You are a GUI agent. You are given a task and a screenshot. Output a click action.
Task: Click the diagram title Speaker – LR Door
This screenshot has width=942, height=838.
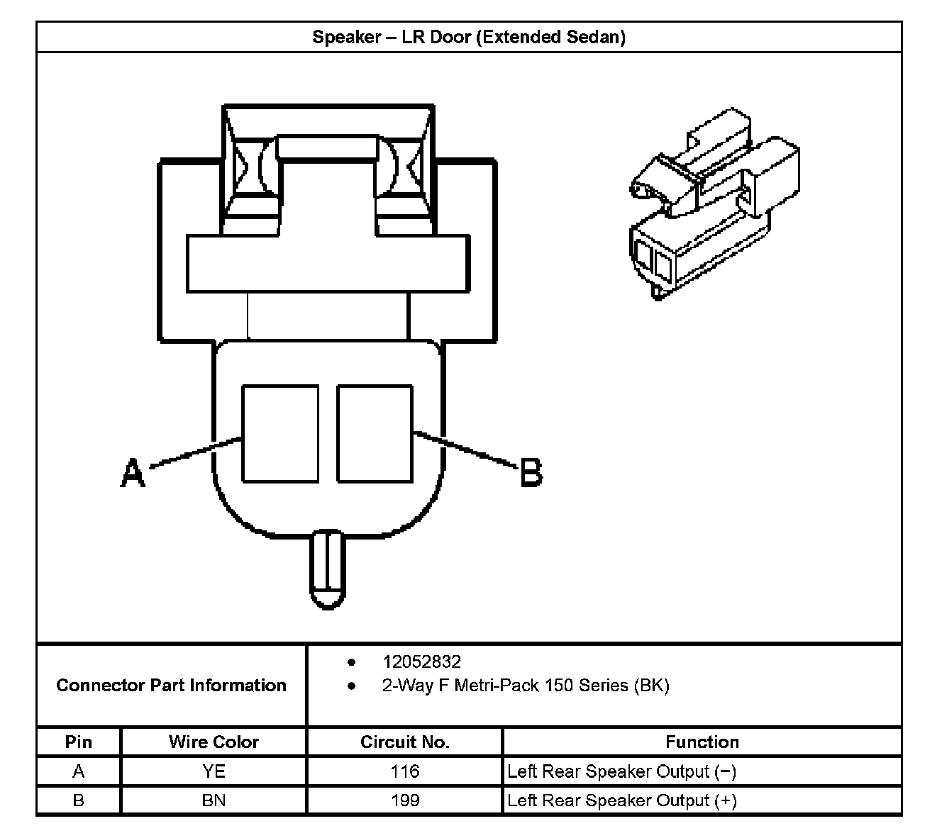(469, 37)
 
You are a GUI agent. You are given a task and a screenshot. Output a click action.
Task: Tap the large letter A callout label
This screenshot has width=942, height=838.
(133, 472)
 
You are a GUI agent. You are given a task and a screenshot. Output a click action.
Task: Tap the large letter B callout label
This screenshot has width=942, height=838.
(531, 472)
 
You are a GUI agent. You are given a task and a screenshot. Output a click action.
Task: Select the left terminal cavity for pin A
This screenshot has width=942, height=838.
(280, 433)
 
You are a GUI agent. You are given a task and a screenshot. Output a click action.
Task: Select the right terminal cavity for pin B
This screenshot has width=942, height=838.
(375, 433)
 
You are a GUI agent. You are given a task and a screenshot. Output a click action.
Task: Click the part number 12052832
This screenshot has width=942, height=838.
(421, 661)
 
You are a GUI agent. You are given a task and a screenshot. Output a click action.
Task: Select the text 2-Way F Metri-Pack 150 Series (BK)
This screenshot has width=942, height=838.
(525, 686)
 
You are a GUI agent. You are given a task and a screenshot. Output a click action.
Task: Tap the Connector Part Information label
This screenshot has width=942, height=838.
(171, 686)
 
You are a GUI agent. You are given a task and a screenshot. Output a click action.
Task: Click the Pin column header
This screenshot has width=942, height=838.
(79, 742)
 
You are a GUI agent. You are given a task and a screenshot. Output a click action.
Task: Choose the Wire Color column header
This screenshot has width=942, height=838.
(214, 742)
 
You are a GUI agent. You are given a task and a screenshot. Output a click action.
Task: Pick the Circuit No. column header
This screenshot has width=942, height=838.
(405, 742)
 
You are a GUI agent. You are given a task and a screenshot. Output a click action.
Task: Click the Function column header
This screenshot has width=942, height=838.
(702, 742)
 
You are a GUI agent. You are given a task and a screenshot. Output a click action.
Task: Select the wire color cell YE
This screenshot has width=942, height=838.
(214, 771)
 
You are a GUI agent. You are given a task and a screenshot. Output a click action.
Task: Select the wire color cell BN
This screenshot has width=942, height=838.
(214, 800)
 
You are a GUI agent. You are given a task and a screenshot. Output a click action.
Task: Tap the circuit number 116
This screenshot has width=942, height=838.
(405, 771)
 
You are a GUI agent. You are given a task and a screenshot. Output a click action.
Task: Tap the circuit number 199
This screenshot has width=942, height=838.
(405, 800)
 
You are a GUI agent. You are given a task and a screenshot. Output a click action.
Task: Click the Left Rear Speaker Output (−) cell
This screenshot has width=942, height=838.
(622, 771)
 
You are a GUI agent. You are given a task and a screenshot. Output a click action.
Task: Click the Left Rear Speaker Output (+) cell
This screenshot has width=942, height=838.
(622, 800)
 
